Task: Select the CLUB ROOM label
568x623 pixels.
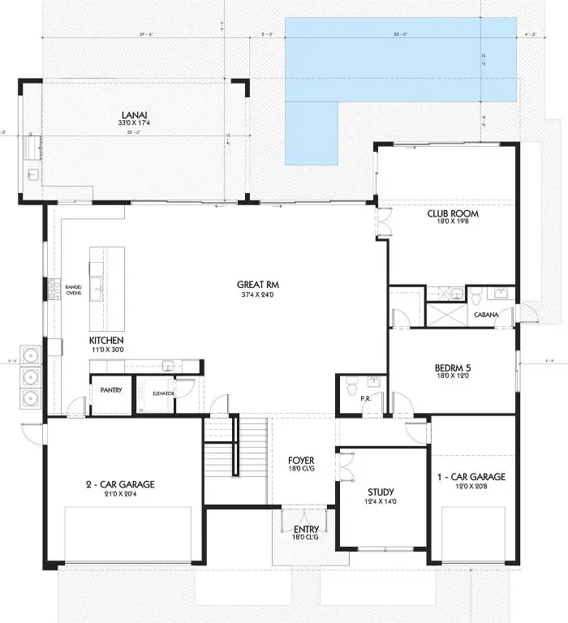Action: click(x=454, y=214)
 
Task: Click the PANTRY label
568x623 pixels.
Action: click(x=111, y=390)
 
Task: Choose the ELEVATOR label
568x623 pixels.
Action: click(x=164, y=393)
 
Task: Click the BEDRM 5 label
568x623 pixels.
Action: click(x=453, y=367)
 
